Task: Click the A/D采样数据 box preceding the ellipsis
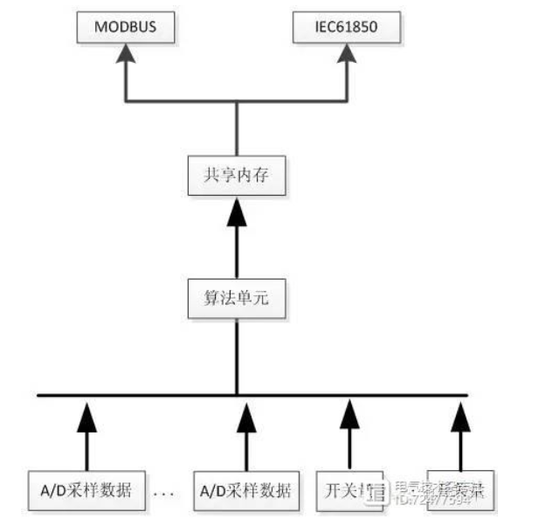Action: point(86,489)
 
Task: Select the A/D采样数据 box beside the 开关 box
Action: point(246,489)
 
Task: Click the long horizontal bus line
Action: point(175,395)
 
